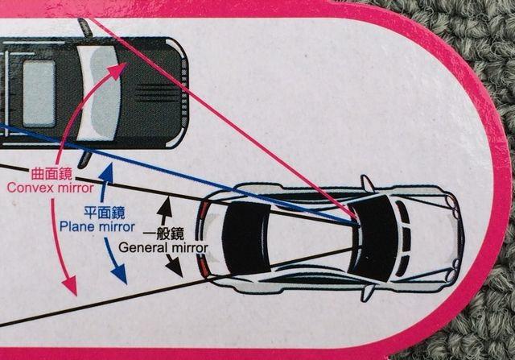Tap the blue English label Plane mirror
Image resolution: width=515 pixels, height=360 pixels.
click(x=97, y=226)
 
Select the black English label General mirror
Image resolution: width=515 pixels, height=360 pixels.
click(x=163, y=248)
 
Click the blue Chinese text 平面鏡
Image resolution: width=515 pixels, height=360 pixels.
click(x=105, y=213)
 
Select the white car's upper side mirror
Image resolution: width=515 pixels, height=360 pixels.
click(x=366, y=183)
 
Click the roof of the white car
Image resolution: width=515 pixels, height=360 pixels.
click(x=306, y=238)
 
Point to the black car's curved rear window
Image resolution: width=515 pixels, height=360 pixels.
click(x=101, y=93)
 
